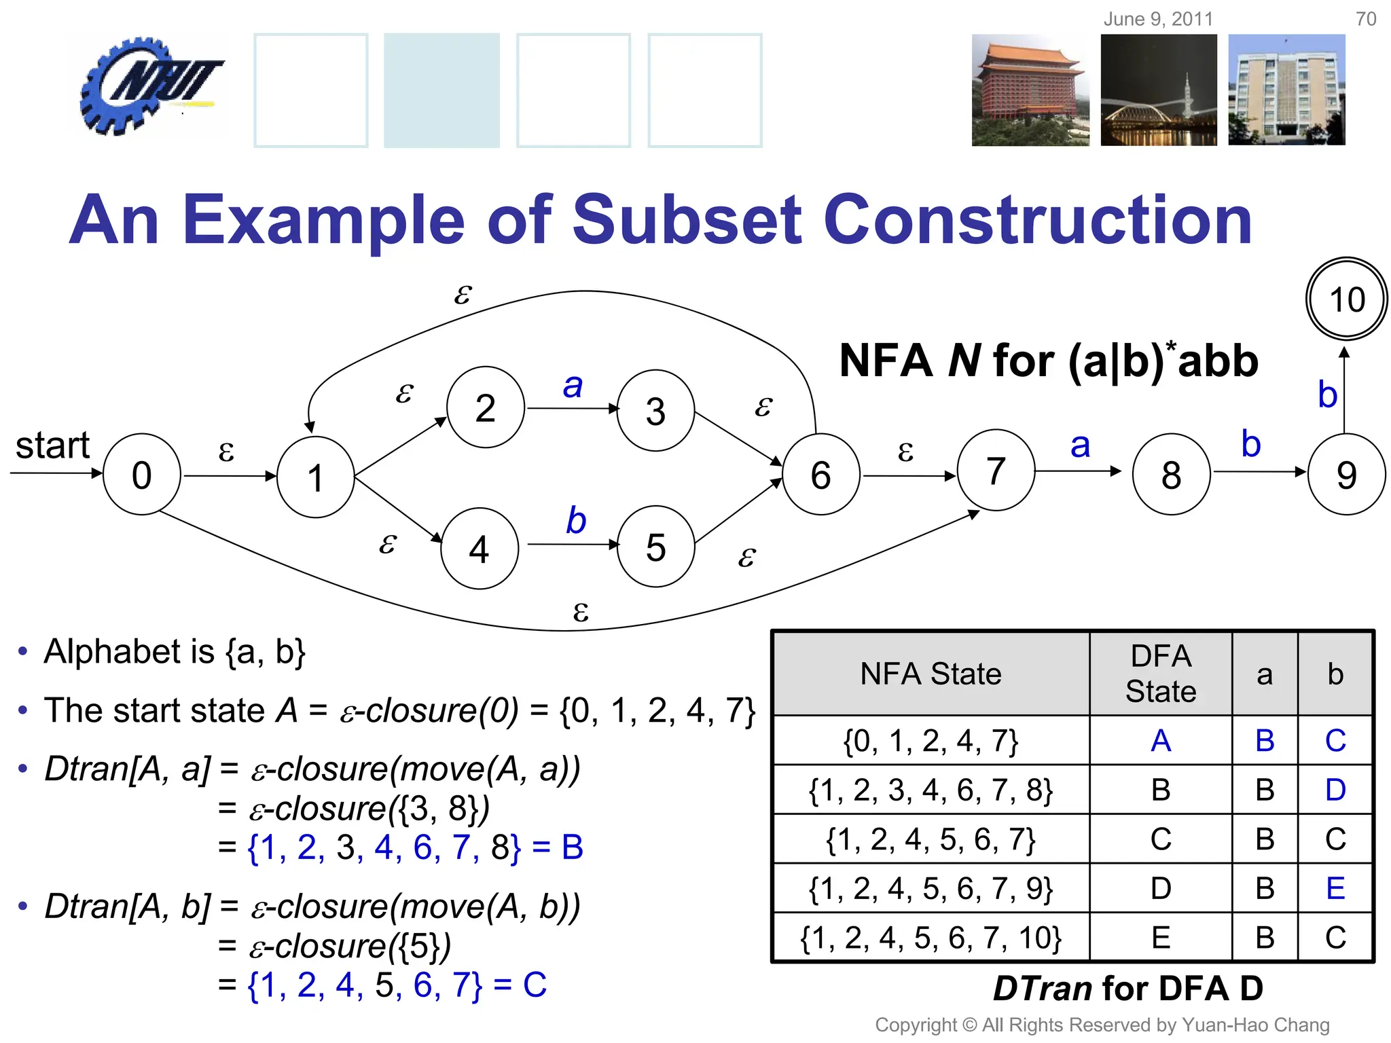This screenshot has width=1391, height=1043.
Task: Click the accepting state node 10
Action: pos(1346,299)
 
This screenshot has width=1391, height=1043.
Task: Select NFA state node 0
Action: pos(141,475)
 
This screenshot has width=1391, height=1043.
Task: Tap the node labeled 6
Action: pos(820,475)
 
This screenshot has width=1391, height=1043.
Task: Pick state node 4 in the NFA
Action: pos(480,549)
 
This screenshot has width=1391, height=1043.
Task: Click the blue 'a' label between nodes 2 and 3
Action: pos(573,386)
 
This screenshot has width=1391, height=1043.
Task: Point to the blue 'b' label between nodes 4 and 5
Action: pos(576,521)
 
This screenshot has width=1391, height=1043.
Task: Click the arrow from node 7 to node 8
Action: pos(1078,471)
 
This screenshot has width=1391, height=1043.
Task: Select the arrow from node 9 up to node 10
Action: pos(1344,390)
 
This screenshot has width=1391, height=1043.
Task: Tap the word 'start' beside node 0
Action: pos(52,446)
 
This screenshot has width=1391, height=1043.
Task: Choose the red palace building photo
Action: pos(1030,90)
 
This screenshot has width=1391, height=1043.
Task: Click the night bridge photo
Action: pos(1159,90)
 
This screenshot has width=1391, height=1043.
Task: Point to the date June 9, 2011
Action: pos(1158,19)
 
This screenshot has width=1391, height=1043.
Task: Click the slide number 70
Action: pos(1366,19)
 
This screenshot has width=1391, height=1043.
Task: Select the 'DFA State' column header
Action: pos(1161,674)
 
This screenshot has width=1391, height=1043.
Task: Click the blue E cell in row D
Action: pos(1335,888)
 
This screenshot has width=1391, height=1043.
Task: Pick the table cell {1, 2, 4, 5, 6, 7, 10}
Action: pos(931,938)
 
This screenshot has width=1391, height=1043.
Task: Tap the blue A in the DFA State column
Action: pos(1161,740)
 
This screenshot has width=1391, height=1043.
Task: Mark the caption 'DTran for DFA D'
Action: pos(1127,988)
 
